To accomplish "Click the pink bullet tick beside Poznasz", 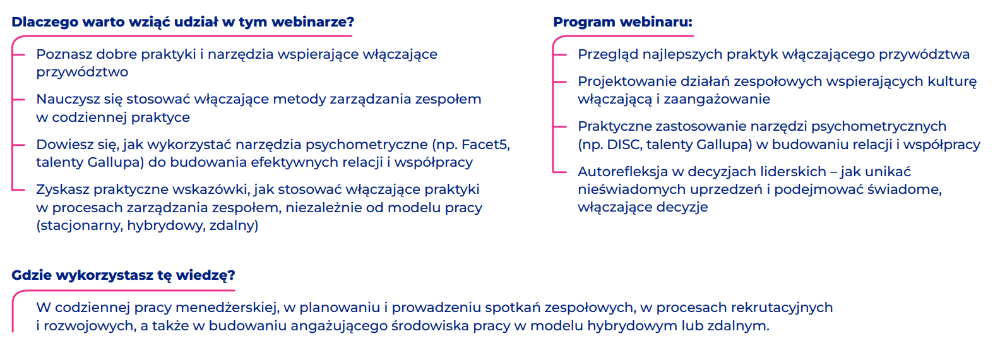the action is click(18, 54).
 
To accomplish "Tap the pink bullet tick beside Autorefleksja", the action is click(559, 172).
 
